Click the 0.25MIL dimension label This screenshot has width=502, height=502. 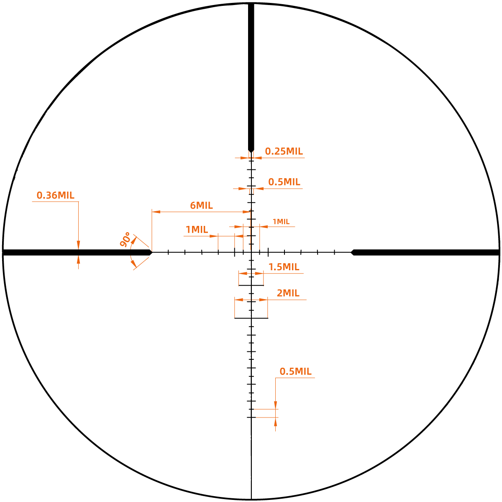(x=284, y=151)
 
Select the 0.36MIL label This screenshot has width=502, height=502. (x=56, y=195)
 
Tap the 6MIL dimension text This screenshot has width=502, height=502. (x=201, y=205)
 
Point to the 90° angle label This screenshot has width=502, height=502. (x=125, y=240)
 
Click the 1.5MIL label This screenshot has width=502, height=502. (x=284, y=267)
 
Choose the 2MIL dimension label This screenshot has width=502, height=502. (x=288, y=293)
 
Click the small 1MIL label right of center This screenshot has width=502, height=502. (x=281, y=222)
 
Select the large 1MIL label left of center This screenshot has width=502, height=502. (x=197, y=230)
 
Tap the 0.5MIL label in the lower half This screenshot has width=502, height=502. (x=295, y=371)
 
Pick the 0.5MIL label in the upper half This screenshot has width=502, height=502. (x=284, y=182)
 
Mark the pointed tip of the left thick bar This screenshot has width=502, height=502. (x=152, y=252)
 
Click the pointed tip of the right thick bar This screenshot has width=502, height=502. (x=351, y=252)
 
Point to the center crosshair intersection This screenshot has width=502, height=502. (x=251, y=252)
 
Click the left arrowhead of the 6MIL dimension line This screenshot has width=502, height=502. (x=156, y=212)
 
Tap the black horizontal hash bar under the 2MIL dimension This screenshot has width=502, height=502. (x=251, y=318)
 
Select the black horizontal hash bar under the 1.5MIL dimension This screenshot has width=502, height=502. (x=251, y=285)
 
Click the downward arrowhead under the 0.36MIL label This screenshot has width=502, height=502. (x=78, y=245)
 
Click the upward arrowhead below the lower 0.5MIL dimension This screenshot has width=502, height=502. (x=276, y=422)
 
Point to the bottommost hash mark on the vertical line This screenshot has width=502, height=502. (x=251, y=417)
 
